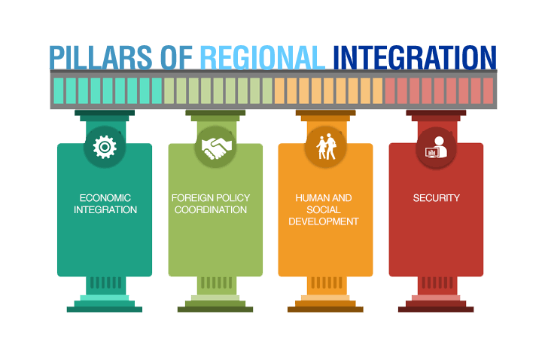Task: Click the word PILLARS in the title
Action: (x=101, y=58)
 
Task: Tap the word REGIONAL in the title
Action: (x=263, y=58)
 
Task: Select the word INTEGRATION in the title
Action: (x=415, y=58)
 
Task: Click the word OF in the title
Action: (x=176, y=58)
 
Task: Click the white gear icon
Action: (x=105, y=147)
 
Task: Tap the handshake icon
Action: (x=217, y=148)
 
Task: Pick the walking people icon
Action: (x=326, y=147)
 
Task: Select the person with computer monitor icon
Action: (x=436, y=148)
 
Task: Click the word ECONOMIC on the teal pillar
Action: (x=105, y=198)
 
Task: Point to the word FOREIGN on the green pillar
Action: (x=190, y=198)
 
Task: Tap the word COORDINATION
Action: (x=211, y=209)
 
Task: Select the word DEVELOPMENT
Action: (x=324, y=221)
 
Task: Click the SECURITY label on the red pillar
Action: (x=436, y=198)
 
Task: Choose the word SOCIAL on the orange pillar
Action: (x=324, y=209)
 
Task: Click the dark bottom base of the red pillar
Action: (x=436, y=310)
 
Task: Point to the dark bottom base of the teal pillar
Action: (x=105, y=310)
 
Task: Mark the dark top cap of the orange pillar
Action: (x=326, y=113)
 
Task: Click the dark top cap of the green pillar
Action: (x=215, y=113)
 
